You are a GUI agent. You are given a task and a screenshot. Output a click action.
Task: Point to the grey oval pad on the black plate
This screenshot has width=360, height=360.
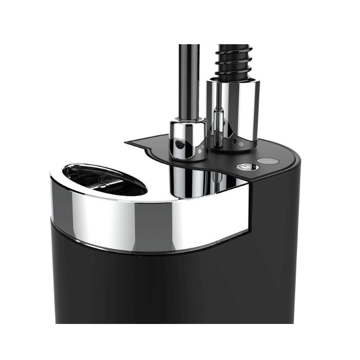[267, 161]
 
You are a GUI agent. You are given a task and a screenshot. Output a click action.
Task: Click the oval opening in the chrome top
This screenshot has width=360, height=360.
[105, 179]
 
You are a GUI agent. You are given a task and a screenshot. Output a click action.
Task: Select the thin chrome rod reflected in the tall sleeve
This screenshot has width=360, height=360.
[220, 123]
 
